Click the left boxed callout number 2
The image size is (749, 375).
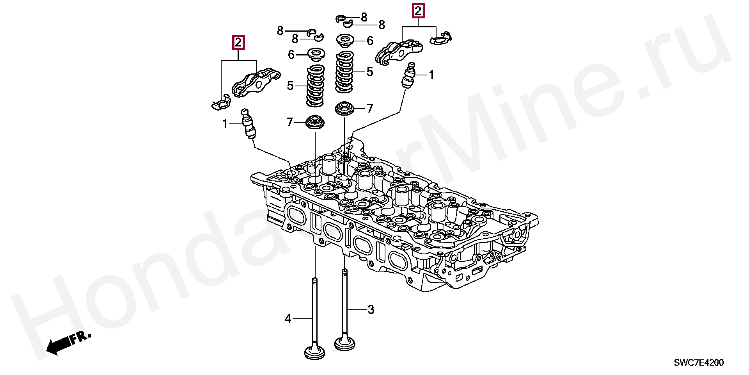point(238,42)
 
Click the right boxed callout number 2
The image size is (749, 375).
point(418,11)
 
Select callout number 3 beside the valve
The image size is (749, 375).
point(371,310)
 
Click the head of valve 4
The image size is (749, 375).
point(315,350)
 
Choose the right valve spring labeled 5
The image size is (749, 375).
point(345,72)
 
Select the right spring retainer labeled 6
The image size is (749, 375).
point(345,41)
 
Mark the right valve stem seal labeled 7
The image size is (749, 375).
point(344,108)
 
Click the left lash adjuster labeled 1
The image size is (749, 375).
point(249,124)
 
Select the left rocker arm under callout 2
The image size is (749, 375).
point(256,82)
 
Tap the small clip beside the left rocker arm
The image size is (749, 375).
point(220,102)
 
